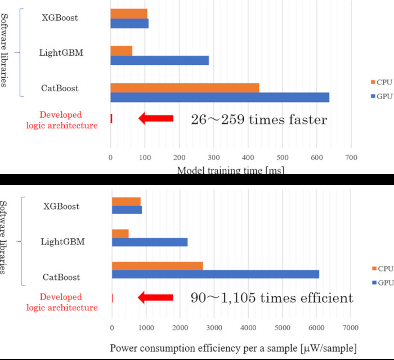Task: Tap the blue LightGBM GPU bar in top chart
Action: pos(159,60)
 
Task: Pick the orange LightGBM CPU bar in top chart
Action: pos(121,51)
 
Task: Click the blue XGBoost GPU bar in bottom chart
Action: pos(127,210)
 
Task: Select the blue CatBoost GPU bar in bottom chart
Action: pos(216,274)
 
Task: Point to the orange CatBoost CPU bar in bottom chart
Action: pos(157,266)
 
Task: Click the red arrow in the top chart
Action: pos(155,118)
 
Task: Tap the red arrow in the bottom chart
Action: pos(155,297)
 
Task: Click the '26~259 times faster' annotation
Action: pos(259,119)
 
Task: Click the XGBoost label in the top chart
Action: pos(60,17)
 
